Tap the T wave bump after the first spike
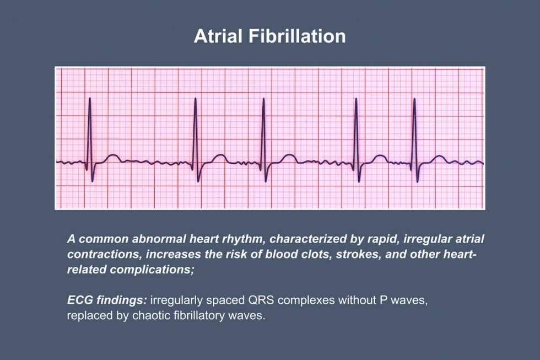[x=112, y=157]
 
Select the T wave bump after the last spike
[x=439, y=157]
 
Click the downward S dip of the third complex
[x=267, y=180]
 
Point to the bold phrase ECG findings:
[x=106, y=302]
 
